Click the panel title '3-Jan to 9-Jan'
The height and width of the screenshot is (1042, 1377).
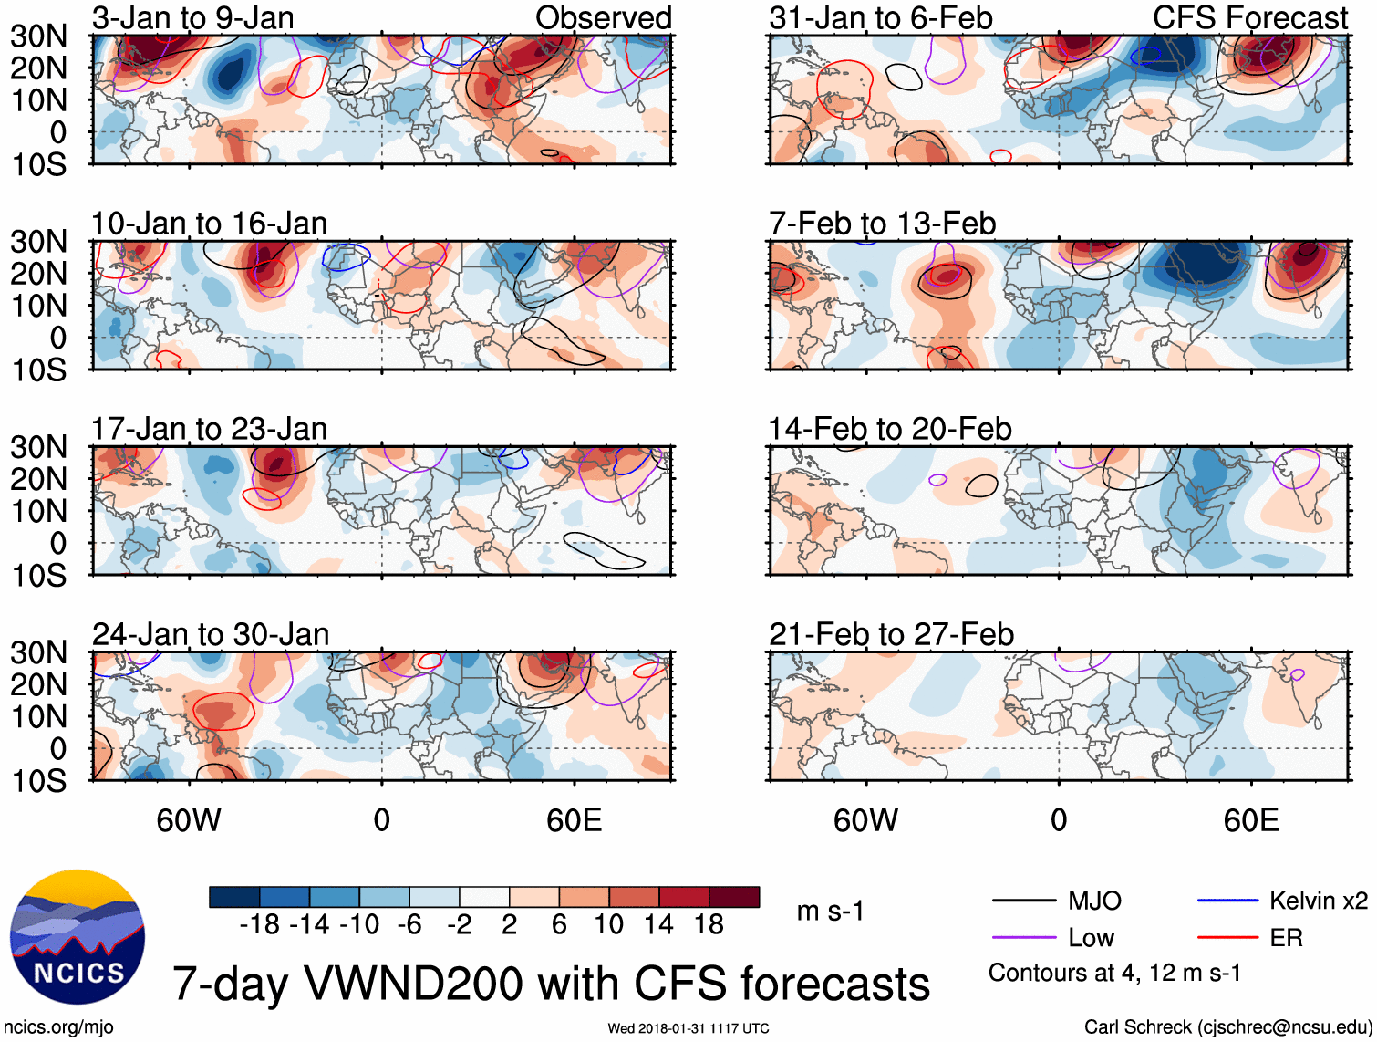coord(192,17)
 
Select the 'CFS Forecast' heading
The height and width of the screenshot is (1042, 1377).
coord(1249,17)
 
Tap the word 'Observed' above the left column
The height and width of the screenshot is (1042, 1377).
coord(603,17)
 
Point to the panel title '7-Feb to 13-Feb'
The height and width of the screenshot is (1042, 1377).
coord(882,224)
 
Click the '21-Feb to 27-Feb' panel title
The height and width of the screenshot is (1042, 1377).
coord(891,634)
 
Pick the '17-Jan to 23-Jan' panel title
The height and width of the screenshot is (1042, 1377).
coord(209,429)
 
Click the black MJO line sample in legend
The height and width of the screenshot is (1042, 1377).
coord(1023,901)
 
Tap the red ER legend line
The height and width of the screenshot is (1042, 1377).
coord(1227,938)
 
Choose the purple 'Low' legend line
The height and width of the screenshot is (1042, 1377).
coord(1023,938)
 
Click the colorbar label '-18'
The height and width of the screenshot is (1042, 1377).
coord(260,925)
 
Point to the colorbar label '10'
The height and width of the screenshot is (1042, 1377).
coord(608,925)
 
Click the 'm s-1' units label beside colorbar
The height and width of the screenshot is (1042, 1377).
coord(830,912)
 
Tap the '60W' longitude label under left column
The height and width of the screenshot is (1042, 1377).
coord(189,820)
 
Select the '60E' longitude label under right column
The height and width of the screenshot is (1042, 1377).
coord(1250,820)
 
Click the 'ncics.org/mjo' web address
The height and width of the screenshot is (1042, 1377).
coord(58,1027)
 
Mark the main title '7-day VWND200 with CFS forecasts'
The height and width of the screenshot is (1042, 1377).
coord(551,984)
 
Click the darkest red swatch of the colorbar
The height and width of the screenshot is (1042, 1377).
coord(734,897)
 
